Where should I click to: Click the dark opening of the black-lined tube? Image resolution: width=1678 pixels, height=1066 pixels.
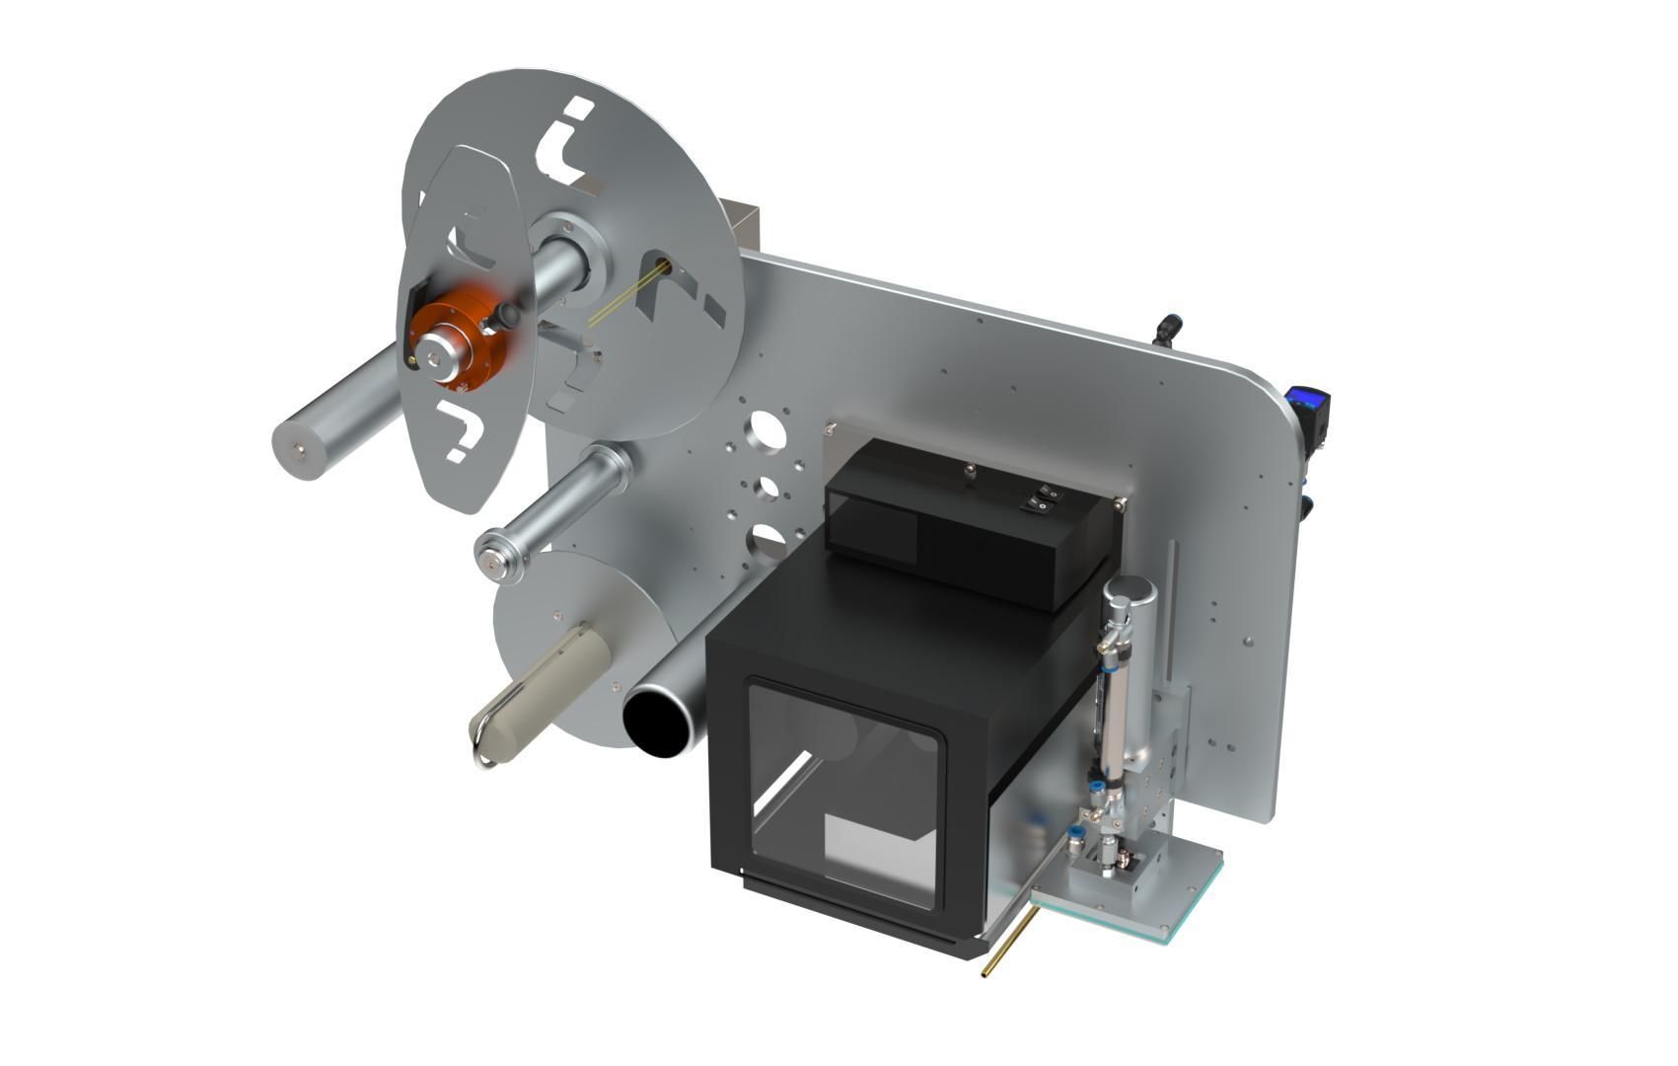pos(659,723)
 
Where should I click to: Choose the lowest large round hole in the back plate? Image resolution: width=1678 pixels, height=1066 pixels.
pos(766,539)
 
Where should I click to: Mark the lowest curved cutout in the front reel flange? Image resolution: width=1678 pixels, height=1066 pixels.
pos(460,430)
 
